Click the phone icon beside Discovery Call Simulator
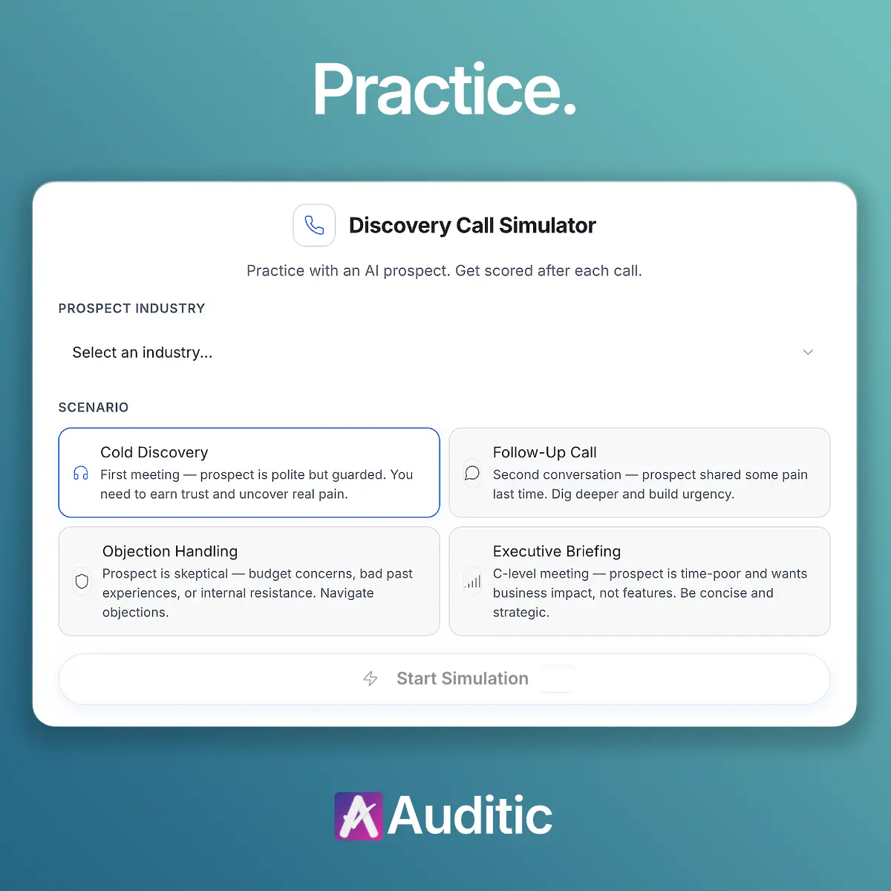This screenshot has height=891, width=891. [x=314, y=225]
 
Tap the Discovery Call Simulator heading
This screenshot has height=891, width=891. [x=472, y=225]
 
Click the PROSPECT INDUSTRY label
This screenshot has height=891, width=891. [x=131, y=308]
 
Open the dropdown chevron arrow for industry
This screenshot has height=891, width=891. [x=808, y=352]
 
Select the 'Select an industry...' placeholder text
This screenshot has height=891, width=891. [x=142, y=353]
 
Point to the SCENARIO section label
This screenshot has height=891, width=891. [x=94, y=407]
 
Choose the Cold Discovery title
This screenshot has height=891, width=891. [x=154, y=452]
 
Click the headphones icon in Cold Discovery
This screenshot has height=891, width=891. [x=81, y=474]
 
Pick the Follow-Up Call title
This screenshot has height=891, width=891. [x=544, y=452]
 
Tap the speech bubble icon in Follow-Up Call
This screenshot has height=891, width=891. [x=471, y=474]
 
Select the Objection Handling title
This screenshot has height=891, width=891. [x=170, y=551]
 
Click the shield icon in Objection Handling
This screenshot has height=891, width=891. [x=82, y=581]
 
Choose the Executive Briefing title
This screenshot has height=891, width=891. [x=557, y=551]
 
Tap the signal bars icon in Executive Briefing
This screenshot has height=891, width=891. [x=473, y=581]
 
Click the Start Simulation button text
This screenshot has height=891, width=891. [x=463, y=679]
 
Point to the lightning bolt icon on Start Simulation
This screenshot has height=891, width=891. [x=371, y=679]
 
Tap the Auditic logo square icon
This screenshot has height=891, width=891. [x=359, y=816]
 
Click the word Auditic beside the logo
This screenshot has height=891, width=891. [x=470, y=816]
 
